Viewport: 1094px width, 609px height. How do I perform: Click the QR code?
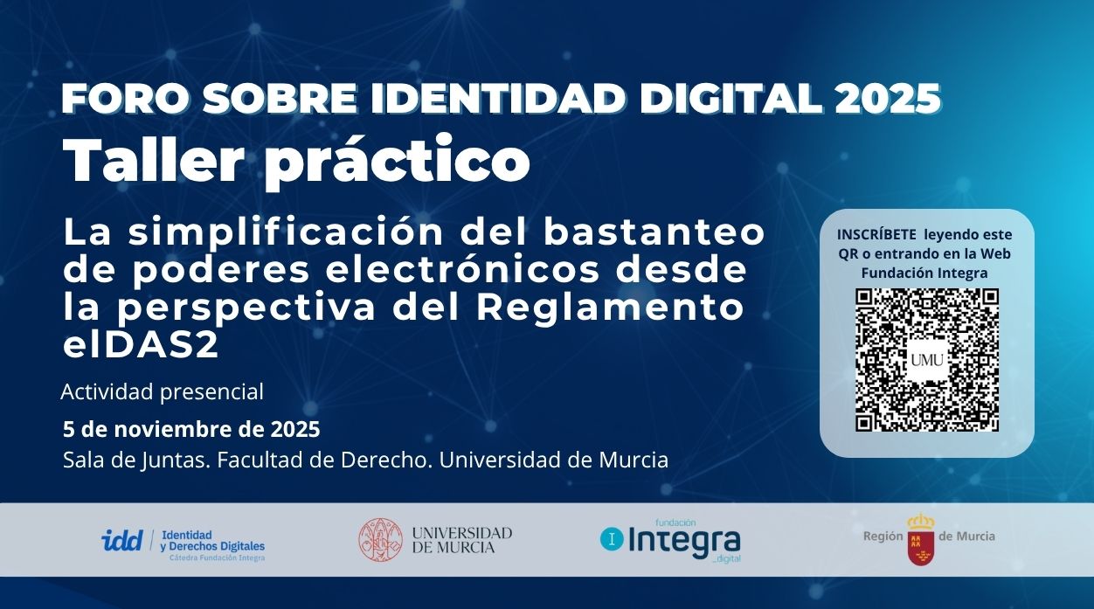[926, 359]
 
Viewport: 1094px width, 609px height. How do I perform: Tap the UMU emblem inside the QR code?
[926, 360]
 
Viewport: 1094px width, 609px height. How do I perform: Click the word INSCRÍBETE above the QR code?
[876, 234]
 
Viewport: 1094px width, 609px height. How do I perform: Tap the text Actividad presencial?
[162, 392]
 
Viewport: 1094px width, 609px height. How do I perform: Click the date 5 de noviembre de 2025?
[191, 430]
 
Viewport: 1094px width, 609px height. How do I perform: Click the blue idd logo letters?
[121, 540]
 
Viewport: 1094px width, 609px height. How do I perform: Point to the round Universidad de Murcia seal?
[380, 540]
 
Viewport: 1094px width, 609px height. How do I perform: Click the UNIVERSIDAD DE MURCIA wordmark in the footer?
[461, 540]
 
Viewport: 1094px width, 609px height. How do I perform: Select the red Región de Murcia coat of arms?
[920, 540]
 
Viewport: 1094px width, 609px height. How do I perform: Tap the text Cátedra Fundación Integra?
[217, 557]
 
